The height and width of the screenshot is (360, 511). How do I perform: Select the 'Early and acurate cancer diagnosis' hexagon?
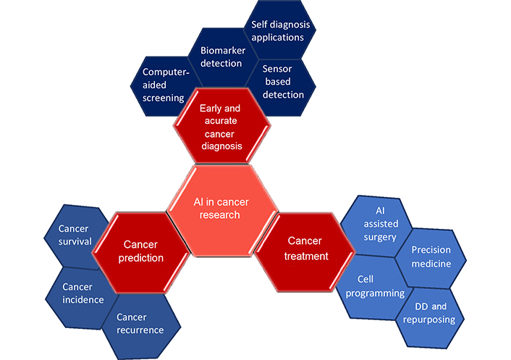click(x=221, y=129)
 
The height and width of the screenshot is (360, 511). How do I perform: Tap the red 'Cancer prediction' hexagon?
click(x=143, y=251)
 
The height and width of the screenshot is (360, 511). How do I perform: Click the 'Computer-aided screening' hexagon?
click(x=163, y=85)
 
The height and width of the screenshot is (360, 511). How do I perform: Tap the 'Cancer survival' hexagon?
click(x=75, y=235)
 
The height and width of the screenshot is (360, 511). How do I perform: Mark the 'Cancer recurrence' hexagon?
click(x=140, y=324)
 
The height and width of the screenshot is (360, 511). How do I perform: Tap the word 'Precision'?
click(x=431, y=250)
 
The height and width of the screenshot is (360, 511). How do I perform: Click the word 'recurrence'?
click(x=140, y=330)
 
